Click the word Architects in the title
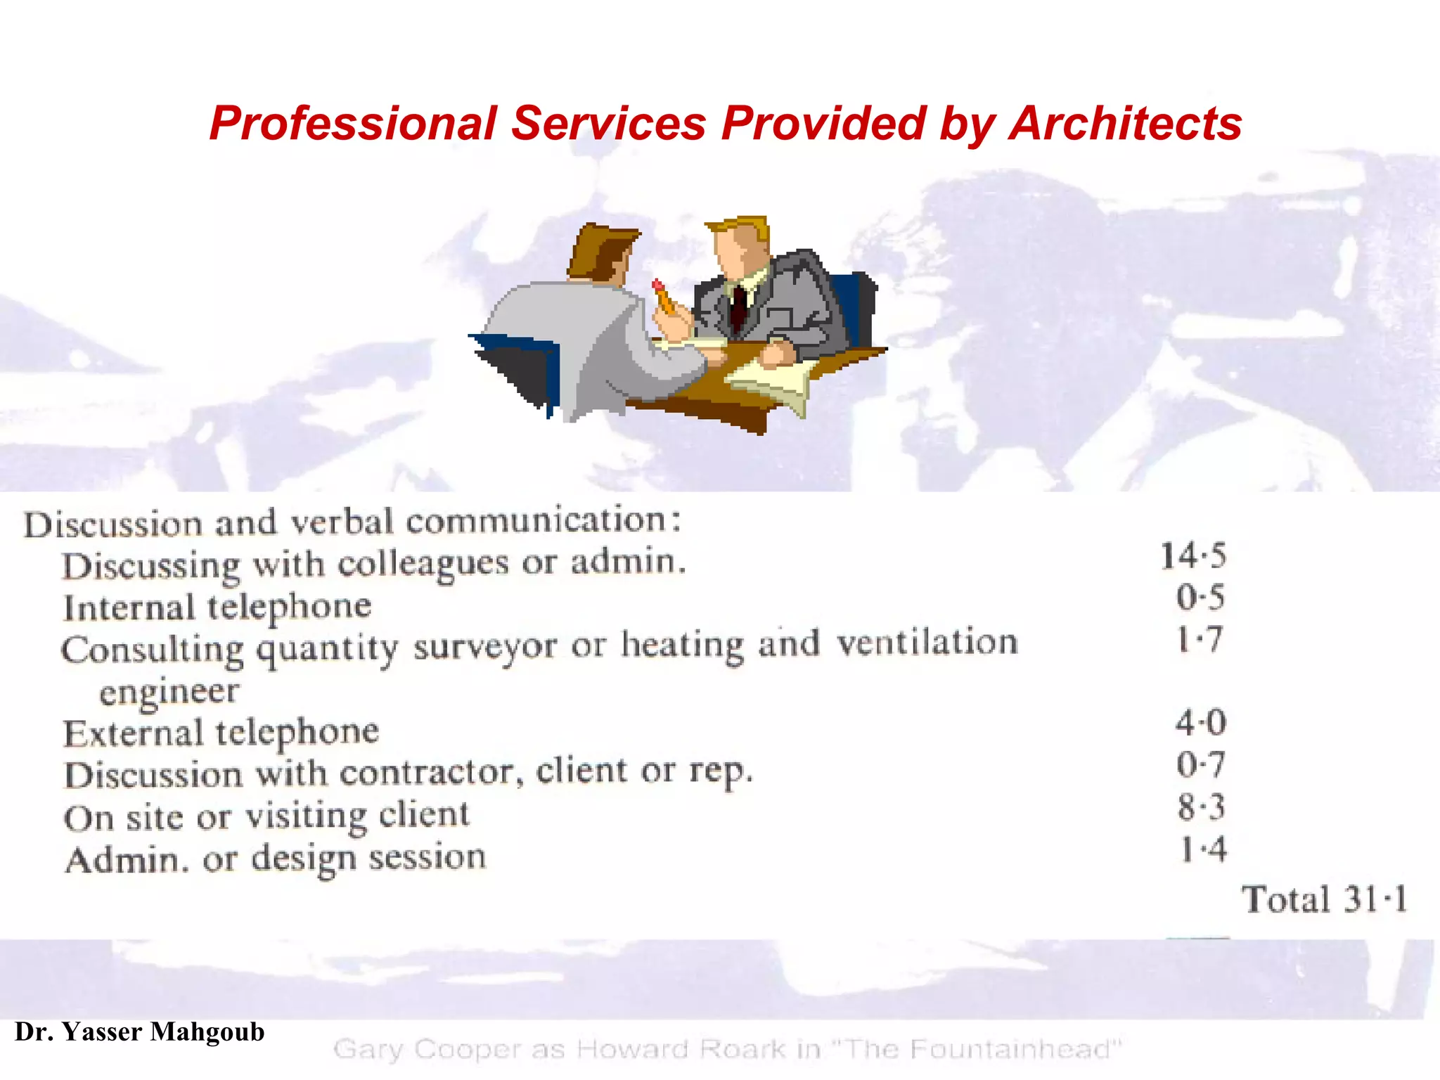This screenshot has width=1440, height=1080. (1125, 124)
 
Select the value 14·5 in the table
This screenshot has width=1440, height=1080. (1193, 556)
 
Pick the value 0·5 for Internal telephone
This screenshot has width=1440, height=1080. (1200, 598)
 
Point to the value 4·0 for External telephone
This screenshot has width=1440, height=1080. (1200, 723)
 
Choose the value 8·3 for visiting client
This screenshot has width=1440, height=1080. (1201, 806)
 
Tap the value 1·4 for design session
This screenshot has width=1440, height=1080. (1203, 849)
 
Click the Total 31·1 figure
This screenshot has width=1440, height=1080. (1325, 899)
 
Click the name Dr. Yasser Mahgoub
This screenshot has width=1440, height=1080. (140, 1032)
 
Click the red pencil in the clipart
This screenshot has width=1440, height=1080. (662, 296)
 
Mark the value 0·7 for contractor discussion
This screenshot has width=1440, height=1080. (1200, 765)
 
